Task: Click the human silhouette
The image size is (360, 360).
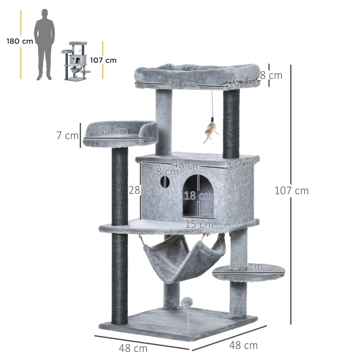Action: coord(45,44)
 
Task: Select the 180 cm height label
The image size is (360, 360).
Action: coord(20,41)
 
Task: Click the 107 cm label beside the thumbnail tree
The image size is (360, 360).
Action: coord(103,60)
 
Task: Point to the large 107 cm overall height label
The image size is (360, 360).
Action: coord(292,190)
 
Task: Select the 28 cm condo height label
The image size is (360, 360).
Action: coord(143,190)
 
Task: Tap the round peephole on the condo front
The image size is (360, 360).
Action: coord(165,182)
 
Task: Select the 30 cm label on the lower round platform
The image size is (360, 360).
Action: coord(248,266)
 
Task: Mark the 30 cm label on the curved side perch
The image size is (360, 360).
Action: coord(113,130)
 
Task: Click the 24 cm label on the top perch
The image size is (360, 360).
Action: coord(242,83)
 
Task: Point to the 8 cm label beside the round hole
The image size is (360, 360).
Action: coord(167,171)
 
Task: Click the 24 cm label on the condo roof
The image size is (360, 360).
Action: coord(241,165)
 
